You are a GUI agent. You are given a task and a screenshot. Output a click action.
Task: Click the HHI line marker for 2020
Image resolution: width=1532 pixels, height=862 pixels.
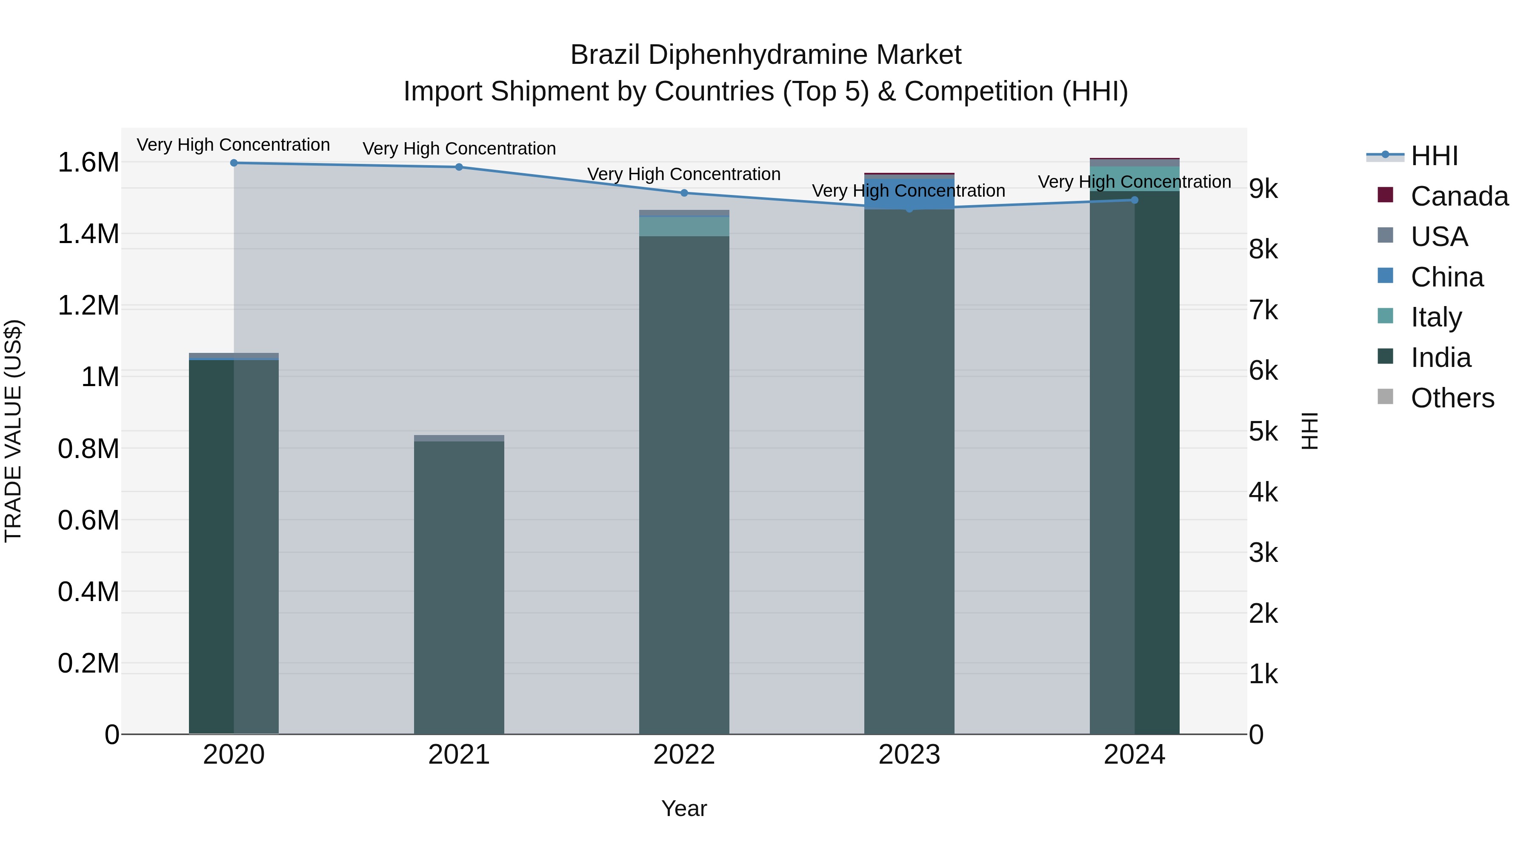pyautogui.click(x=234, y=163)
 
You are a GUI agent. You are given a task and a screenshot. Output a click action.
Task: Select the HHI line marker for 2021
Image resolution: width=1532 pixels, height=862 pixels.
pyautogui.click(x=459, y=167)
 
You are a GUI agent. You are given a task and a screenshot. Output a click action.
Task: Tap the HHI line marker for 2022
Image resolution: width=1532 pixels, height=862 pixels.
pyautogui.click(x=684, y=193)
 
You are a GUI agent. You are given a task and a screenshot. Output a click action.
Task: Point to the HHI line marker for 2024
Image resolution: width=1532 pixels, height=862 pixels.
pyautogui.click(x=1134, y=200)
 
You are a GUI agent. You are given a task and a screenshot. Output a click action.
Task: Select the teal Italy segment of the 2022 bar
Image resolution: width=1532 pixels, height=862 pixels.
pyautogui.click(x=684, y=226)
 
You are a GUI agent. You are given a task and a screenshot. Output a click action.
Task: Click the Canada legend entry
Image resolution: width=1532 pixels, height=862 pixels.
pyautogui.click(x=1459, y=196)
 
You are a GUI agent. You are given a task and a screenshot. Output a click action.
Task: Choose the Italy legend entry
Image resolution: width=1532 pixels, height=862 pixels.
pyautogui.click(x=1436, y=317)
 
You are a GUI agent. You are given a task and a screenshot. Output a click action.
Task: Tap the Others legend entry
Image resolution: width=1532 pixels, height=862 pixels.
pyautogui.click(x=1452, y=398)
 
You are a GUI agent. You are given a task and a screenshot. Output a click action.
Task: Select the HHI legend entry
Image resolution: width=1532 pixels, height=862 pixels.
pyautogui.click(x=1434, y=156)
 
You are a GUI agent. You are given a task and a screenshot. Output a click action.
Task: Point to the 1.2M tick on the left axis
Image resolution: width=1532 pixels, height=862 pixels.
pyautogui.click(x=88, y=306)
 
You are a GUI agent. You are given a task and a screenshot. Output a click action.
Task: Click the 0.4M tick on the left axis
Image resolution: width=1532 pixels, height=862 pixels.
pyautogui.click(x=88, y=592)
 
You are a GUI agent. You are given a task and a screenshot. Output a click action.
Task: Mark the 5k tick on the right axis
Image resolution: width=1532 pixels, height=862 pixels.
pyautogui.click(x=1263, y=432)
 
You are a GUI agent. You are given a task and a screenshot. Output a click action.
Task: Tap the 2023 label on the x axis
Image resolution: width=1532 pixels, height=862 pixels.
pyautogui.click(x=909, y=755)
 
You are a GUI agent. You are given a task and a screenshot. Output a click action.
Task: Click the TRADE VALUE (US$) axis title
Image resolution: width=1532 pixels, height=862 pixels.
pyautogui.click(x=13, y=431)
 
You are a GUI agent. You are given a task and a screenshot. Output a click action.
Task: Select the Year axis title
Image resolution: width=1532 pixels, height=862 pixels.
pyautogui.click(x=684, y=808)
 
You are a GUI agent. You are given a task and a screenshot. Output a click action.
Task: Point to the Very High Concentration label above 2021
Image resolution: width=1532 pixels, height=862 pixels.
pyautogui.click(x=459, y=148)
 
